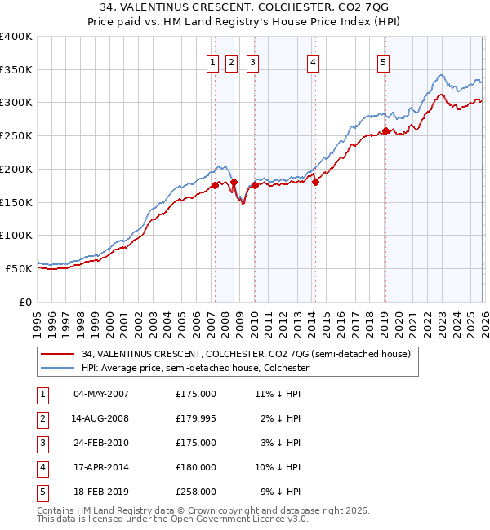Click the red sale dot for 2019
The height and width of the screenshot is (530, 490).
(x=385, y=130)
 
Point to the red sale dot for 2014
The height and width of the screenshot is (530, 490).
(x=315, y=182)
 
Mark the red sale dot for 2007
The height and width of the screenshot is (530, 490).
(x=215, y=185)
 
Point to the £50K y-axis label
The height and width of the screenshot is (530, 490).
(x=19, y=268)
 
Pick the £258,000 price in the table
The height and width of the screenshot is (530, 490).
(x=196, y=492)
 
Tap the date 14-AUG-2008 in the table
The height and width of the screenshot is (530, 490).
(x=100, y=418)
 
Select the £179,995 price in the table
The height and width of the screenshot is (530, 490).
(x=196, y=418)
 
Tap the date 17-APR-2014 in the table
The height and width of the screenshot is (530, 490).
(x=100, y=467)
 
